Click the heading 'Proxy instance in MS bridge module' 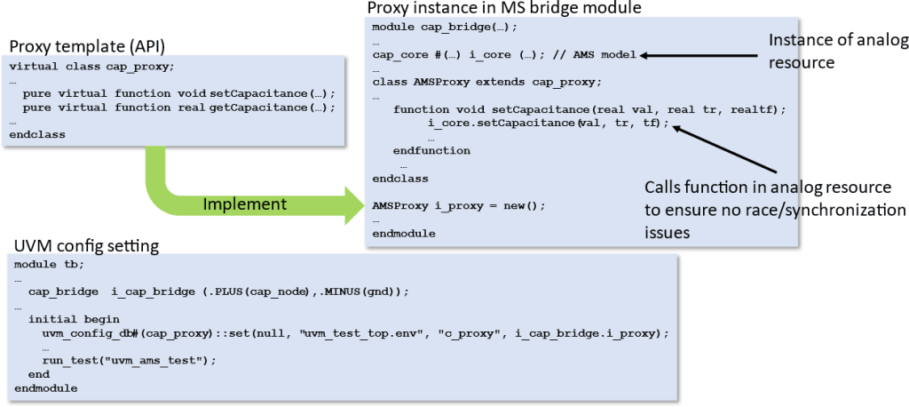504,8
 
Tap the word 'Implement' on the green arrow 245,203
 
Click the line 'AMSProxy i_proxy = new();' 458,204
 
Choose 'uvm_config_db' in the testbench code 83,332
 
